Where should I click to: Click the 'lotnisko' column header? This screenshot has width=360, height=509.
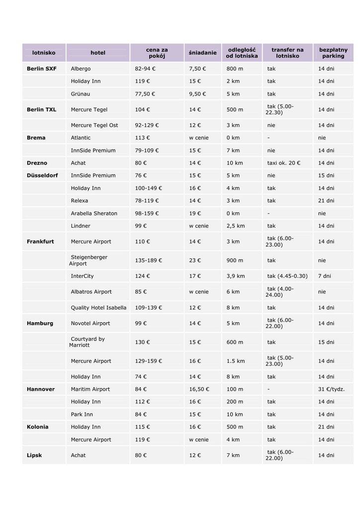tap(44, 53)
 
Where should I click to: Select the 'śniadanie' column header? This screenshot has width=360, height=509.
tap(203, 53)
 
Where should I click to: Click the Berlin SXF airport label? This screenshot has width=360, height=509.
tap(42, 69)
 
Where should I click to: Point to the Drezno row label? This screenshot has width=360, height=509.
tap(37, 163)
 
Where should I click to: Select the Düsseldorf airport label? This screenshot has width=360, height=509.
tap(42, 175)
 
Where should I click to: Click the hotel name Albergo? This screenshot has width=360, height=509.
tap(81, 69)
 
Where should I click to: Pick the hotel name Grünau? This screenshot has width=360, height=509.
tap(81, 94)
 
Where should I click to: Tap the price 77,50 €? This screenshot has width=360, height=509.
tap(145, 94)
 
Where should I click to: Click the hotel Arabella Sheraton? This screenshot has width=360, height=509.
tap(94, 213)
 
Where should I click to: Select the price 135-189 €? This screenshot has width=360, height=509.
tap(149, 260)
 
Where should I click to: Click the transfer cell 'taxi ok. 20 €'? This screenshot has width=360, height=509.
tap(284, 163)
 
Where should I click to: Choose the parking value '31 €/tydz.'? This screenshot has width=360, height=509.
tap(332, 389)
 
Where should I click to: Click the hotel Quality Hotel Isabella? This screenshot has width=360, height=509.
tap(98, 308)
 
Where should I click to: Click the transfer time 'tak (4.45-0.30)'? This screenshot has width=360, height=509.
tap(287, 276)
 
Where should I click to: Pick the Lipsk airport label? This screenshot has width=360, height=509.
tap(34, 455)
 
